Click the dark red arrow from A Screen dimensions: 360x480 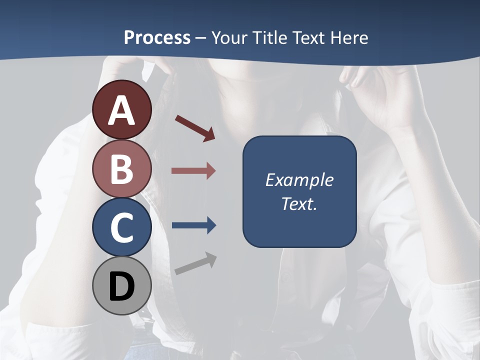click(x=195, y=128)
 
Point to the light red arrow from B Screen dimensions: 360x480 click(x=193, y=171)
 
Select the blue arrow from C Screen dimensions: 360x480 click(x=193, y=225)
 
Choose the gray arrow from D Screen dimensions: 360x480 click(x=195, y=263)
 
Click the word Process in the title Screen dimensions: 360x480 click(x=157, y=38)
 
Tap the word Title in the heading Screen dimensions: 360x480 click(x=270, y=38)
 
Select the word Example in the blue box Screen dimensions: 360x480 click(x=299, y=180)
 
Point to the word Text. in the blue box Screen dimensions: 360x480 click(x=299, y=203)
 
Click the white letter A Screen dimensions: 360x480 click(x=122, y=111)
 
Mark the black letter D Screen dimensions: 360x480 click(x=122, y=286)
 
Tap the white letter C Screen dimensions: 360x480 click(x=122, y=227)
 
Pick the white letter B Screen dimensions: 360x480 click(x=122, y=168)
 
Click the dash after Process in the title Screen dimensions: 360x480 click(x=200, y=38)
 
